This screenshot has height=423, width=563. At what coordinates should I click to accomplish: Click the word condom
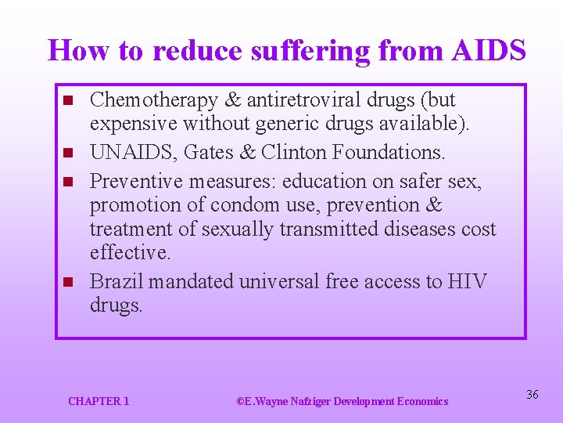(310, 205)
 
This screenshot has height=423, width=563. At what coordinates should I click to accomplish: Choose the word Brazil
(117, 281)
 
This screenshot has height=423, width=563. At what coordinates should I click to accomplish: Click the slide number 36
(532, 395)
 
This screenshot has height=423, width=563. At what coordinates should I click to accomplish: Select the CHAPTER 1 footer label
(99, 401)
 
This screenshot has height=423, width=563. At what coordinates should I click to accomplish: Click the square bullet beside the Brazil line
(68, 281)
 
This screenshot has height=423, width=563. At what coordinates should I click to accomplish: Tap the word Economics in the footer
(423, 401)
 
